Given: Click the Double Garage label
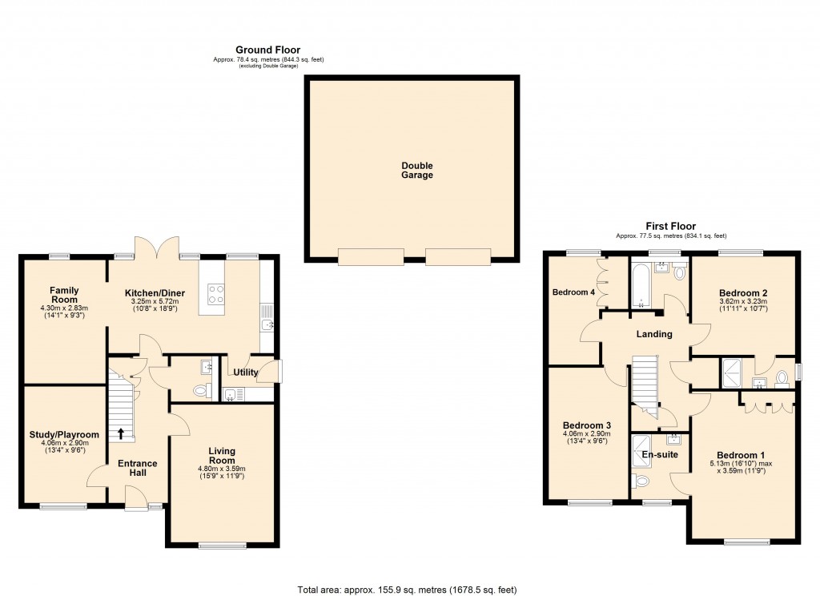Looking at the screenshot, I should coord(417,171).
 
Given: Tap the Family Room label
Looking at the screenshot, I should coord(63,295).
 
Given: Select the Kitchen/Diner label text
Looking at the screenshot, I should coord(155,293).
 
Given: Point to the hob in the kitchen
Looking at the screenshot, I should coord(215,294).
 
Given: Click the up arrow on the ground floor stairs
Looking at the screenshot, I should coord(121,434).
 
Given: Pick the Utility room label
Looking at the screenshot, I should coord(246,372).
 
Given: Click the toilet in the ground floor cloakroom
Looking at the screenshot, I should coord(202,390).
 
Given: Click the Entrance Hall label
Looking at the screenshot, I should coord(138,469).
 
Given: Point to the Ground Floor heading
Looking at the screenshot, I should coord(267,50).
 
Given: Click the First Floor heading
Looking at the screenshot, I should coord(671,227).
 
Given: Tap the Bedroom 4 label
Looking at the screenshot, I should coord(573,292).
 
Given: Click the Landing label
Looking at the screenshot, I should coord(655,334).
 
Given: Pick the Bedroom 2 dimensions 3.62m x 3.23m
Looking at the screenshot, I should coord(744,302).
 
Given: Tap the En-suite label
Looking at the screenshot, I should coord(661,455).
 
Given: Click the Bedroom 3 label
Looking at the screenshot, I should coord(587,425).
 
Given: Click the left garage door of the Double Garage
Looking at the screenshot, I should coord(371,257).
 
